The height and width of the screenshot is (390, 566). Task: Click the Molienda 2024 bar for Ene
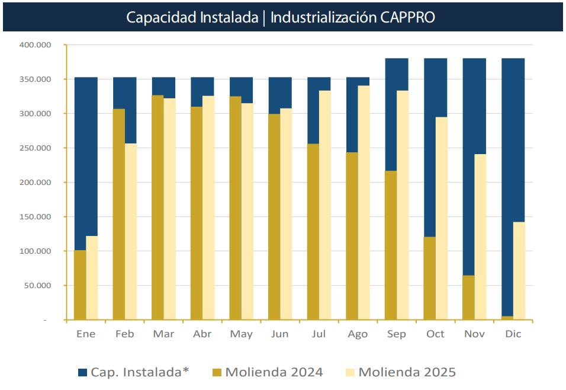[80, 285]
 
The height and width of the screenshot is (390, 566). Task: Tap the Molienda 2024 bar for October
[430, 279]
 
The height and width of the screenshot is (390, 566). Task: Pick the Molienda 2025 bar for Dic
[519, 271]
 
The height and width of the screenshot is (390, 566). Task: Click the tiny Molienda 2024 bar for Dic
[507, 318]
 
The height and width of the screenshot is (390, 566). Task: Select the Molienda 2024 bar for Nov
[468, 298]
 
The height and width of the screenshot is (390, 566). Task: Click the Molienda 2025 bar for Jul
[325, 205]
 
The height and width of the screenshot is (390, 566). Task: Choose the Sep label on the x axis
[397, 334]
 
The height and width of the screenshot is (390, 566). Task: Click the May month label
[241, 334]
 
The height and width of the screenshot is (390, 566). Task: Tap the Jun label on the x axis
[279, 334]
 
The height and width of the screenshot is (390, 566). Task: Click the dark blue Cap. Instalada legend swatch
[83, 372]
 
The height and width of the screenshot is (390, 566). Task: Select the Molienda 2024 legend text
[274, 372]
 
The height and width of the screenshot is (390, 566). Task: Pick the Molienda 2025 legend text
[407, 372]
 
